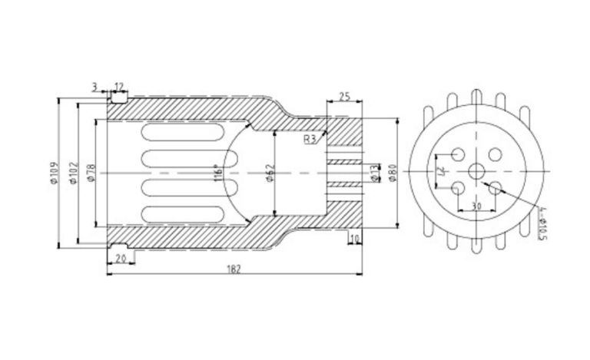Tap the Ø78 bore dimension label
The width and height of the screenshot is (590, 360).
[x=91, y=173]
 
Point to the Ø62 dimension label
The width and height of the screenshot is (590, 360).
[x=270, y=173]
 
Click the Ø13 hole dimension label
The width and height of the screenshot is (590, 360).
[x=374, y=173]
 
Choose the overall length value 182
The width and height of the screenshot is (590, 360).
[x=236, y=269]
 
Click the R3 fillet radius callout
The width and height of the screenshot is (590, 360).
[x=309, y=139]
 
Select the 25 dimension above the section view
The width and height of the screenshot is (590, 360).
[x=343, y=96]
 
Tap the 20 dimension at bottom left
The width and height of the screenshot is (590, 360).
[x=120, y=259]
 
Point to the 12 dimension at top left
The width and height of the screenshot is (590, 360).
[x=119, y=88]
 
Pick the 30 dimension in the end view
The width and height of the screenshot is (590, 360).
[x=476, y=206]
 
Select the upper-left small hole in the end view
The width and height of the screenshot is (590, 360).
[x=457, y=154]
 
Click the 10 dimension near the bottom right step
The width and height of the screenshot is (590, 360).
[x=354, y=240]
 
